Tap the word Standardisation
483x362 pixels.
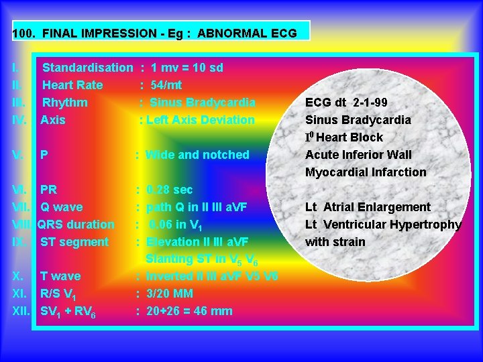tap(87, 68)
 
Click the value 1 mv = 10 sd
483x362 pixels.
tap(187, 68)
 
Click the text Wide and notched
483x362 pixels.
tap(197, 155)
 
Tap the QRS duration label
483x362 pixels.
tap(76, 225)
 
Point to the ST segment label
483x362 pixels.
tap(74, 242)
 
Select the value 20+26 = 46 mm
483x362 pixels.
tap(189, 311)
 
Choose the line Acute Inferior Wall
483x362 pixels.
tap(358, 155)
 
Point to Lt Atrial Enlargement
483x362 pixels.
tap(368, 207)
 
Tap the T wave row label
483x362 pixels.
tap(60, 276)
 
